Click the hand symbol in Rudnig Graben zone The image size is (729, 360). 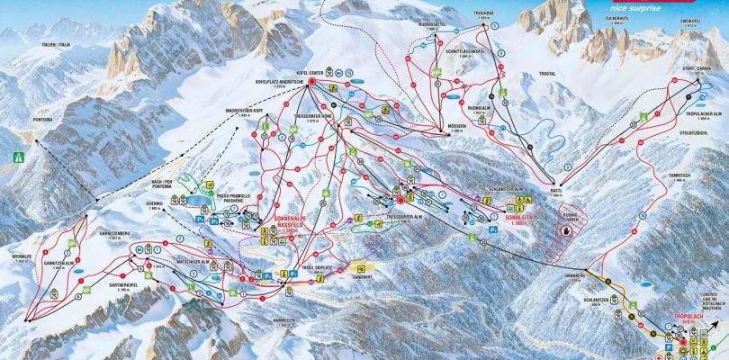click(x=565, y=230)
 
